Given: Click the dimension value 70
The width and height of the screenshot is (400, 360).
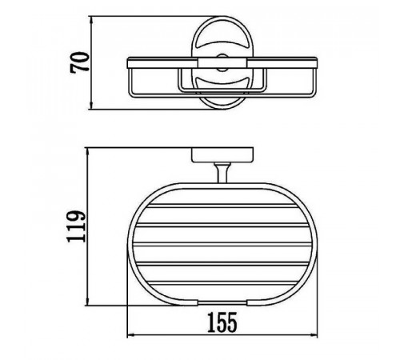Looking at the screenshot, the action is tap(80, 62).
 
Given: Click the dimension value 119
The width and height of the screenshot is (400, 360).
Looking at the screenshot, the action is tap(77, 226).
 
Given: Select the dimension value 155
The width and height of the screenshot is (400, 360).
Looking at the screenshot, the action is tap(222, 322).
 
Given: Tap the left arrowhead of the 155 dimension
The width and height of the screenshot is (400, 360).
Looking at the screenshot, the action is tap(130, 336).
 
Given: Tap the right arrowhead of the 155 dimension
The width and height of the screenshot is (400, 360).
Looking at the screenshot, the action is tap(314, 336).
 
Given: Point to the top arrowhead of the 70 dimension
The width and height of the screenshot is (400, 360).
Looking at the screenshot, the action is tap(91, 19).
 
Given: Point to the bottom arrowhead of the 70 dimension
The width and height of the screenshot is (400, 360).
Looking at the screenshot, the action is tap(91, 106).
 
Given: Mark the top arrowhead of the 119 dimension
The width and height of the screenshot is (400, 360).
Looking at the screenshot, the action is tap(87, 150).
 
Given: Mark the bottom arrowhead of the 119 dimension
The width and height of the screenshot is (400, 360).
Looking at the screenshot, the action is tap(87, 302).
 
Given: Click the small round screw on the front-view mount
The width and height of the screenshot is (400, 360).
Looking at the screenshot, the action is tap(222, 63).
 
